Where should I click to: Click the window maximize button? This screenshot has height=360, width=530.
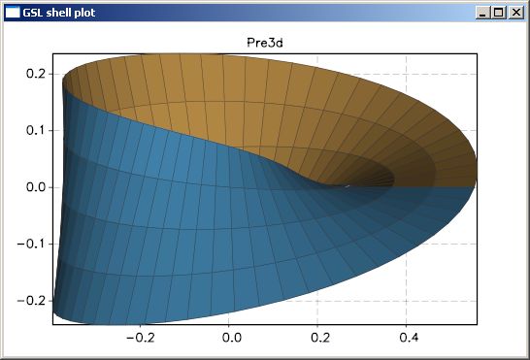click(x=499, y=13)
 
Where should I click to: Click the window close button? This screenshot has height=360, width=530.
click(x=514, y=13)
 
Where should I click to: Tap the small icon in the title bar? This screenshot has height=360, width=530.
click(x=14, y=13)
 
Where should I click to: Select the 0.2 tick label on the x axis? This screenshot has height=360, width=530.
click(x=318, y=339)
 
